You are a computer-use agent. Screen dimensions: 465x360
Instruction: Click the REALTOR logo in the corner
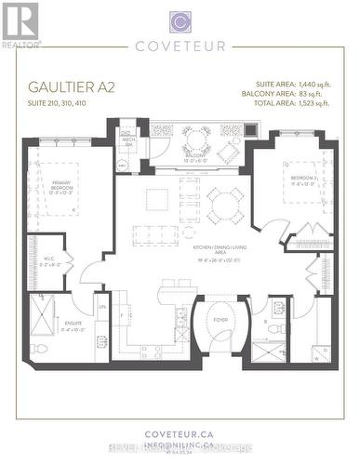pyautogui.click(x=20, y=23)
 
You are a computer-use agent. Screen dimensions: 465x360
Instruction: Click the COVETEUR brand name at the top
pyautogui.click(x=180, y=44)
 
